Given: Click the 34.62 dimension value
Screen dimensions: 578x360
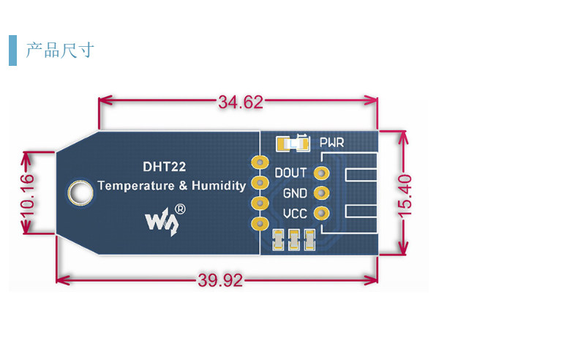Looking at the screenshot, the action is point(241,102).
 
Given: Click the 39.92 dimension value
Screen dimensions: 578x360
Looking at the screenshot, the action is point(220,280).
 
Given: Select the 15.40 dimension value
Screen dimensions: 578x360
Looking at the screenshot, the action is point(405,195).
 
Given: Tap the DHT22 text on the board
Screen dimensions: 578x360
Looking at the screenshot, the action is point(165,167).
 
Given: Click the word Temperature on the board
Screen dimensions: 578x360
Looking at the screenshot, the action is point(136,185).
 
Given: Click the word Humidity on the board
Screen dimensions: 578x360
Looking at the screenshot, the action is point(219,185).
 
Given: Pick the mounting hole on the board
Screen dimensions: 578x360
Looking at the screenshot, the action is point(80,192).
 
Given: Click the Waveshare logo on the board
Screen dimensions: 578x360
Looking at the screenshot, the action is point(162,221).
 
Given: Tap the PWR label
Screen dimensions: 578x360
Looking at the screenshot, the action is point(331,143).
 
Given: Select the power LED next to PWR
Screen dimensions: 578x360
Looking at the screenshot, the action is point(293,143).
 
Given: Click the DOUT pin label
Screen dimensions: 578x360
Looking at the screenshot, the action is point(290,173).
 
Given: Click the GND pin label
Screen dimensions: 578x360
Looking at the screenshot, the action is point(295,193).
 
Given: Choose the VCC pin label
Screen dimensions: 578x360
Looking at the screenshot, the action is point(295,214).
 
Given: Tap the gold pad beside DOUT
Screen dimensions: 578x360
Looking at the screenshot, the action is point(321,173).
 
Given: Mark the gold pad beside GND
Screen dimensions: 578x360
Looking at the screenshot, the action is point(321,192).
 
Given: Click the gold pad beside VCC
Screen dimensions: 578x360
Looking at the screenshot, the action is point(321,213).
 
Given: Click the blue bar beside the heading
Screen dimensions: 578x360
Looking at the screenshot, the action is point(13,50).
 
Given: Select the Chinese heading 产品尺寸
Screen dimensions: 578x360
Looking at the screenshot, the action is point(60,50).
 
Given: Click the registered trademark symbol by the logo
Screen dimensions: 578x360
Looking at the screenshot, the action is point(180,209).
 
